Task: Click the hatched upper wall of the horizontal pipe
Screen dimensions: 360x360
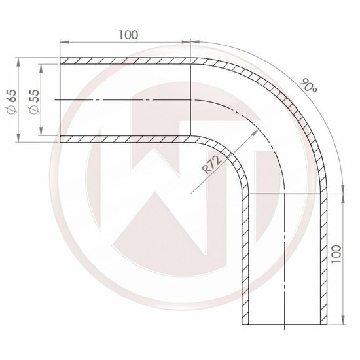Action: click(124, 61)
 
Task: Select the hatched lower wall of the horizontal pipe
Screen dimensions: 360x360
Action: click(124, 138)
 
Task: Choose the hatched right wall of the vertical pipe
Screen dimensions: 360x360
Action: click(323, 262)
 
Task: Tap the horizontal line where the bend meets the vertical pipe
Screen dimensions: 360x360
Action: click(285, 194)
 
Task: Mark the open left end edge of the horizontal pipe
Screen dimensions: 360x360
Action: click(60, 99)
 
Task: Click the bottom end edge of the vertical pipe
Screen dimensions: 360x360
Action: click(285, 325)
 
